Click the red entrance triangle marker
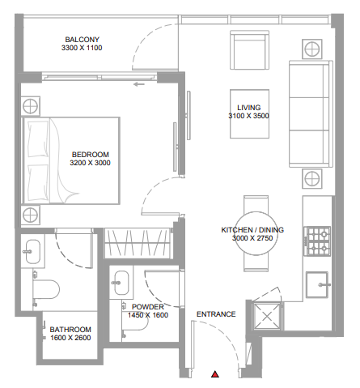coord(215,374)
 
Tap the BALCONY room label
coord(83,40)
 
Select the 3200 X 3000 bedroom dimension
coord(90,163)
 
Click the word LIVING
coord(249,108)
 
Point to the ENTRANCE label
coord(216,314)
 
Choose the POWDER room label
coord(148,307)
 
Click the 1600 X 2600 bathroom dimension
coord(70,338)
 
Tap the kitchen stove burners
coord(317,241)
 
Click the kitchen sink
coord(317,284)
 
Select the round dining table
coord(256,233)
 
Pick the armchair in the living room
coord(249,50)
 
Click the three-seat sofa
coord(311,113)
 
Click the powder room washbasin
coord(121,283)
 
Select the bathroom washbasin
coord(32,252)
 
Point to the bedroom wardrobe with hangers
coord(138,243)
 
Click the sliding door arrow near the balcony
coord(139,84)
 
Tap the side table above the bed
coord(31,106)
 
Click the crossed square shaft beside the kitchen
coord(267,316)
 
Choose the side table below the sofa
coord(312,178)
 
